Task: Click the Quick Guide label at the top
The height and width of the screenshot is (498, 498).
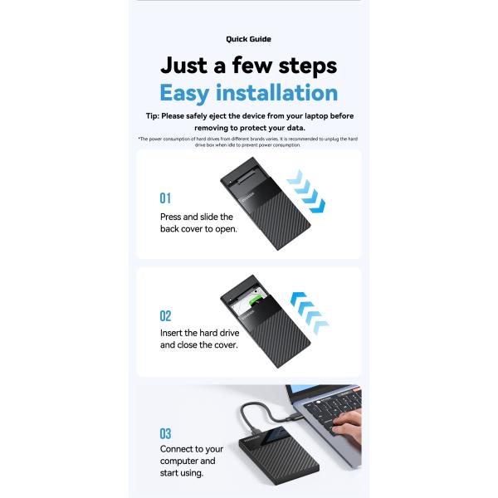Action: [248, 39]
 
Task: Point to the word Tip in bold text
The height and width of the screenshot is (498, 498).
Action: [150, 117]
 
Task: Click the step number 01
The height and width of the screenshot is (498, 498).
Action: [165, 199]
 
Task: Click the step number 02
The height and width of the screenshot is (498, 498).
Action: [165, 316]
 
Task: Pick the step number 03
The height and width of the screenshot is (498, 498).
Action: [165, 433]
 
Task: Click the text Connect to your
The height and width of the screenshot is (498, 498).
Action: [192, 449]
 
